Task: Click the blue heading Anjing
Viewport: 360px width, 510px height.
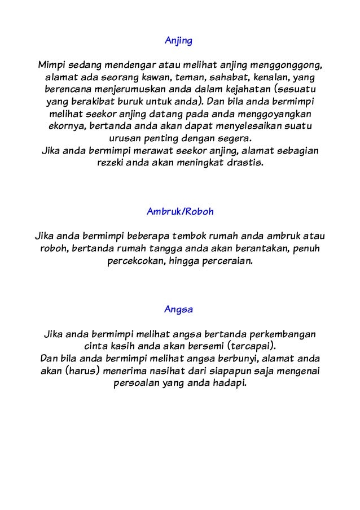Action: pos(179,41)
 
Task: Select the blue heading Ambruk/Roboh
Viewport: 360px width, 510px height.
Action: pos(180,212)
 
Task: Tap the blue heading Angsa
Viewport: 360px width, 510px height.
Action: pos(179,310)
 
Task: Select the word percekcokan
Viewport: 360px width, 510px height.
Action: pos(133,262)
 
